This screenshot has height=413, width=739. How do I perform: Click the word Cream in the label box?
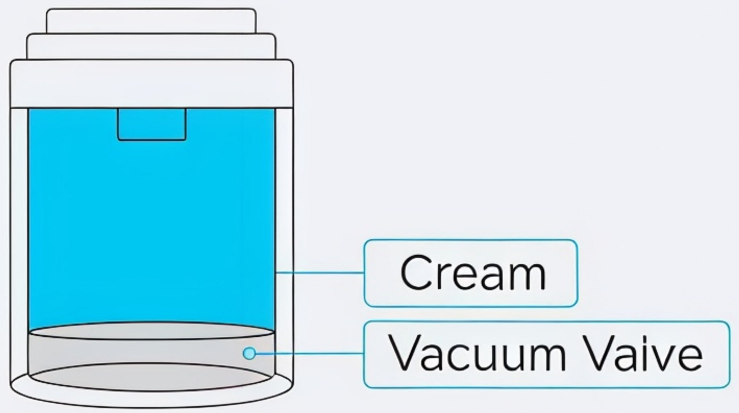473,273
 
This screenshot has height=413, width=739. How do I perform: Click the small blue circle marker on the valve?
249,353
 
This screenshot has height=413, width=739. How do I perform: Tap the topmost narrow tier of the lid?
151,21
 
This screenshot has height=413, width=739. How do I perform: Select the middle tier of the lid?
151,47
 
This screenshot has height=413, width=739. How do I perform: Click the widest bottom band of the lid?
151,84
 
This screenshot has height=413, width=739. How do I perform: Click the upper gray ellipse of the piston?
152,331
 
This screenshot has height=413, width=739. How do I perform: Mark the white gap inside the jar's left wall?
19,241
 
